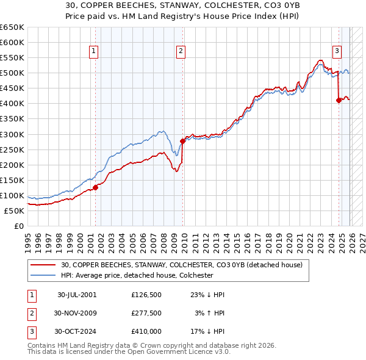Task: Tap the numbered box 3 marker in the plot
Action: [337, 52]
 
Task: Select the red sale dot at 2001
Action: [96, 187]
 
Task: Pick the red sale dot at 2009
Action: [182, 141]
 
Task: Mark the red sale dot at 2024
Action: [339, 101]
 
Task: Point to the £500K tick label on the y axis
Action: [12, 73]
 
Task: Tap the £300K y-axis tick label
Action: [12, 134]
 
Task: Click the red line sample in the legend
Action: [43, 265]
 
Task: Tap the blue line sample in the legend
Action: [43, 275]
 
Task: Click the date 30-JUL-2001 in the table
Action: [77, 295]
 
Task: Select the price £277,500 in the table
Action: [146, 313]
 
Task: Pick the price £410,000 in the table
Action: [146, 331]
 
